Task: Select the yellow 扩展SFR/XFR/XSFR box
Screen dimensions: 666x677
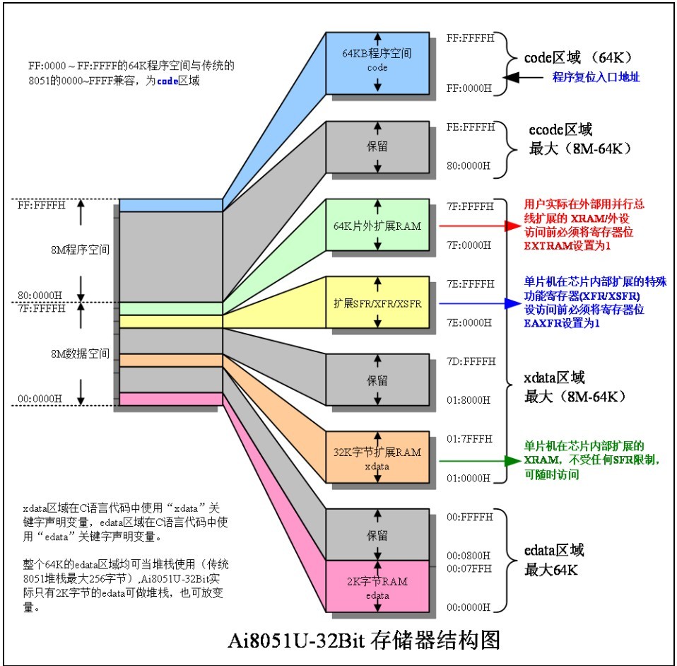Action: point(377,303)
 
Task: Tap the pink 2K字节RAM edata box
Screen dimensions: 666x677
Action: point(377,587)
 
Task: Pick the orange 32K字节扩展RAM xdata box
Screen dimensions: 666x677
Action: point(377,457)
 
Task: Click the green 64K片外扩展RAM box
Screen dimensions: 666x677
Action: point(377,226)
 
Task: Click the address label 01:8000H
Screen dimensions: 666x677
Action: point(469,400)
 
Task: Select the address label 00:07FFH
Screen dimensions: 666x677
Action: point(469,568)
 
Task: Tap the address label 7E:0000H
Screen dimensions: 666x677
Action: point(469,322)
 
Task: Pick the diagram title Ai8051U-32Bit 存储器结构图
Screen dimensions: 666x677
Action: point(364,641)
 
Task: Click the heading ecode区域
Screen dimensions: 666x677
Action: point(560,130)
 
